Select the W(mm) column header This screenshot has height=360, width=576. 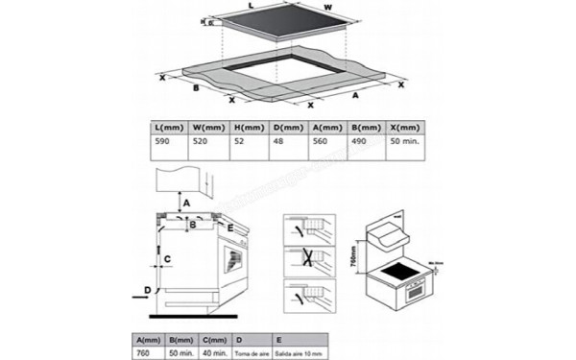click(x=208, y=126)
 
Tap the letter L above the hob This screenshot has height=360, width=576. click(x=251, y=8)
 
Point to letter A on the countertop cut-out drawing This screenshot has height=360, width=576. click(x=354, y=96)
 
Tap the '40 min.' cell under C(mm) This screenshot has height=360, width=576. click(x=214, y=351)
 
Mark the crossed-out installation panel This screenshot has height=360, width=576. click(x=309, y=261)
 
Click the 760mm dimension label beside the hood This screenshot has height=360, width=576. click(x=353, y=259)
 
